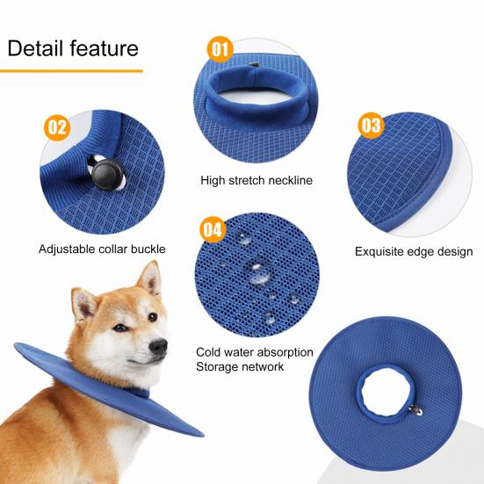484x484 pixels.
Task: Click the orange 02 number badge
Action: click(55, 128)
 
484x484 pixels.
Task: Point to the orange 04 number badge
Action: click(212, 230)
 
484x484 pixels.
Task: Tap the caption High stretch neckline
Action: click(256, 181)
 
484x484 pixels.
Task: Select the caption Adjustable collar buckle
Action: click(102, 249)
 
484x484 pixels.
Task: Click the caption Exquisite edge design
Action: click(414, 251)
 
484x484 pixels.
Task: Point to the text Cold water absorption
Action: click(255, 352)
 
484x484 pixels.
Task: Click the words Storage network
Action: click(240, 366)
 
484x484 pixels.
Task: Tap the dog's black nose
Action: click(160, 346)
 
